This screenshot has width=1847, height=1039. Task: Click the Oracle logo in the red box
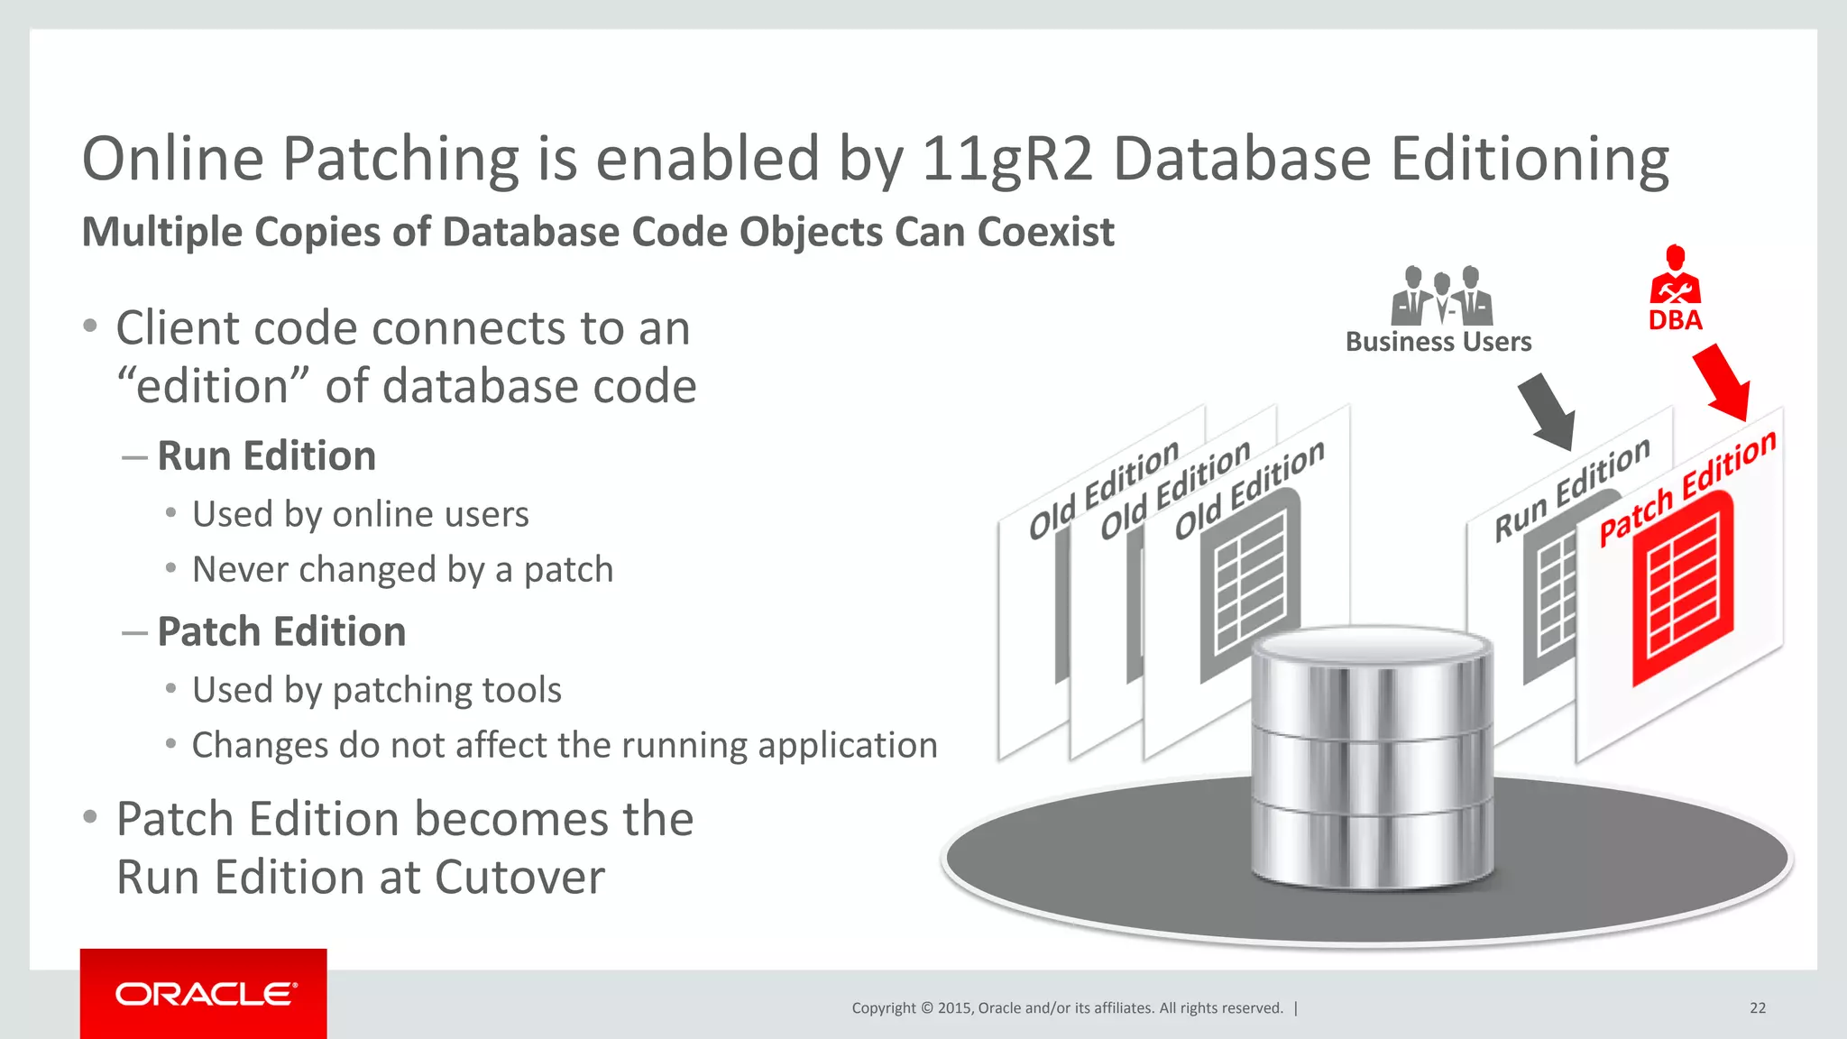pos(205,994)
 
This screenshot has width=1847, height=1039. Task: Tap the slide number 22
pos(1757,1008)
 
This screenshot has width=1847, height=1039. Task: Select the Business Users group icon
pos(1441,296)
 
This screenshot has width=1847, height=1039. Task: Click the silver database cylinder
pos(1371,758)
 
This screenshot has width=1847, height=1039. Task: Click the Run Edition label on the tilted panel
pos(1572,490)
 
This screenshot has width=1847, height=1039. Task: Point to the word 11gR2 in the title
pos(1006,160)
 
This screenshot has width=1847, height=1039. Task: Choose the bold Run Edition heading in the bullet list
pos(266,455)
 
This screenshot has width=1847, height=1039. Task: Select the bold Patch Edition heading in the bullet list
pos(281,631)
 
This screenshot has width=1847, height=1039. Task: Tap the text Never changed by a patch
pos(402,570)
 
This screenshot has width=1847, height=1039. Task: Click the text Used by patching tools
pos(376,690)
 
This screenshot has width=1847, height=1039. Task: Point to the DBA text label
pos(1675,320)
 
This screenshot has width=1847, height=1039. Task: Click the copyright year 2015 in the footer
pos(954,1008)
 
